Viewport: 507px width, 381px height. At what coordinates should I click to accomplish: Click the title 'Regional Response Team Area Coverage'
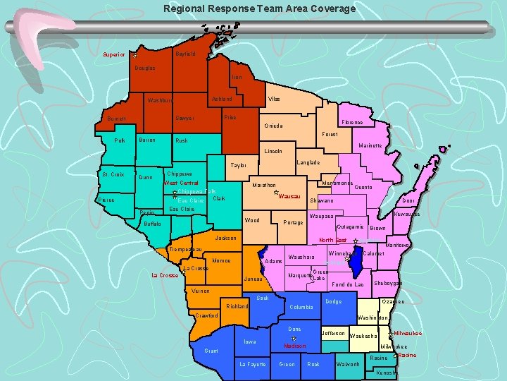coord(259,9)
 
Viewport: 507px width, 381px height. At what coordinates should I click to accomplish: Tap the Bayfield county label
coord(185,54)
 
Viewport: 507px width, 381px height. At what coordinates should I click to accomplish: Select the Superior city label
coord(113,54)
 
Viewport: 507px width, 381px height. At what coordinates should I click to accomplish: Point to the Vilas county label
coord(274,99)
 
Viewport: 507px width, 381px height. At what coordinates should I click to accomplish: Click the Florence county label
coord(351,122)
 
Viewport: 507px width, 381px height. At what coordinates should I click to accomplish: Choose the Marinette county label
coord(370,146)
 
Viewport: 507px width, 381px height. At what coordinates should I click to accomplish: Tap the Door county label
coord(408,200)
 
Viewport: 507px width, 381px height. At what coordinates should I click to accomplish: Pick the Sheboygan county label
coord(388,284)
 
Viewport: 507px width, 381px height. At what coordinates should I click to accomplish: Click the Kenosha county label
coord(386,372)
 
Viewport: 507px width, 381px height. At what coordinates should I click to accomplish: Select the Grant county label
coord(211,351)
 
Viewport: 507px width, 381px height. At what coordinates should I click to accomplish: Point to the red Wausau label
coord(290,196)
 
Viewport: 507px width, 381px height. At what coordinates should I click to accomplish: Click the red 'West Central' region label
coord(181,183)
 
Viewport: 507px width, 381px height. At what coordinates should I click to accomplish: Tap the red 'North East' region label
coord(333,241)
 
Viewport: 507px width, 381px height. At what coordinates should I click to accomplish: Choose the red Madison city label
coord(294,346)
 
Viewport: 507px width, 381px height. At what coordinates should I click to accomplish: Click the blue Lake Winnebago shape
coord(356,263)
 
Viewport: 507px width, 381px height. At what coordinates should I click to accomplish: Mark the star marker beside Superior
coord(134,53)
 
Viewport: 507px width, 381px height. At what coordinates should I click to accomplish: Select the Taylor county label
coord(238,166)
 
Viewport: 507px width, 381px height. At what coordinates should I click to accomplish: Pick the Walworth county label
coord(348,364)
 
